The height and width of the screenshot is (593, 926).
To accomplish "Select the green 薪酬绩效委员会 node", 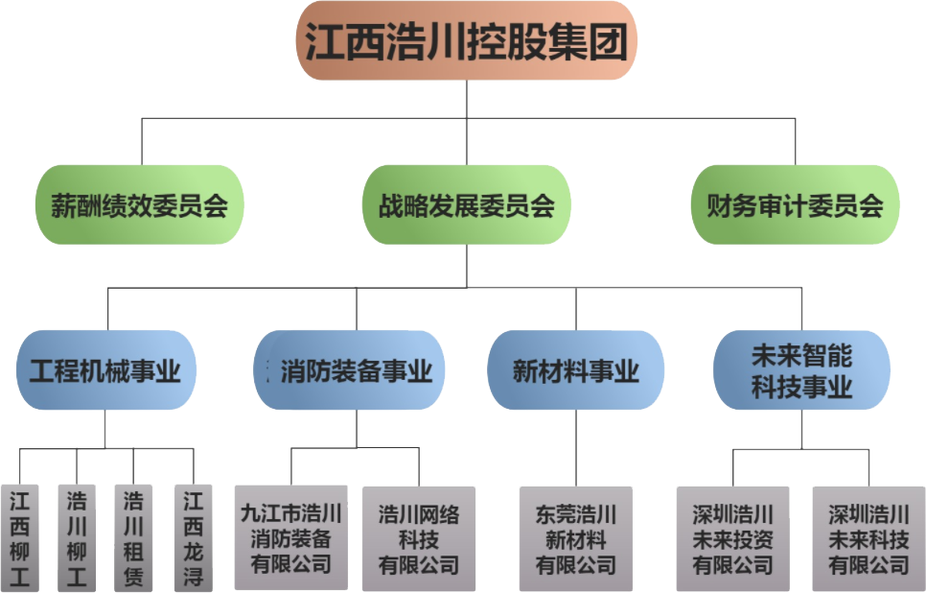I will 140,204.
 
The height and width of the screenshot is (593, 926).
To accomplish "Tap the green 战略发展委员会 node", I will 466,204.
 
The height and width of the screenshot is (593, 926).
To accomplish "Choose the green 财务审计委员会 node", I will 795,204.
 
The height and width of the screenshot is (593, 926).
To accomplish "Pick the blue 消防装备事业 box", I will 356,370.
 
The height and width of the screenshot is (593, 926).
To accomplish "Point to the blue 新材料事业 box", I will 575,370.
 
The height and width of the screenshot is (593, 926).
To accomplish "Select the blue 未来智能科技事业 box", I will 801,370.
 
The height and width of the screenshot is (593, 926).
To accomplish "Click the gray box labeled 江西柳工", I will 20,538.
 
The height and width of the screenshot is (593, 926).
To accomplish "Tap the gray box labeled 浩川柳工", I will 77,538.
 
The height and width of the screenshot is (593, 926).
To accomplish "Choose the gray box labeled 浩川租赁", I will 134,538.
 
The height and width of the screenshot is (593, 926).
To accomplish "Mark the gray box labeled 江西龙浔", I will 193,538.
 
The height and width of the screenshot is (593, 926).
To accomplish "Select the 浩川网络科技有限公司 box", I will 419,538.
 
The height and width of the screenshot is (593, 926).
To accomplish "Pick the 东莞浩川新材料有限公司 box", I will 576,538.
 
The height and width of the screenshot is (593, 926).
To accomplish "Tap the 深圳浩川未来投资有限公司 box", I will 733,538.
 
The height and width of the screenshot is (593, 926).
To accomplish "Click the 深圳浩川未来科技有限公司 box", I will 868,538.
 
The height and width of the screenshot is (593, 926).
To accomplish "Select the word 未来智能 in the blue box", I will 801,357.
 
